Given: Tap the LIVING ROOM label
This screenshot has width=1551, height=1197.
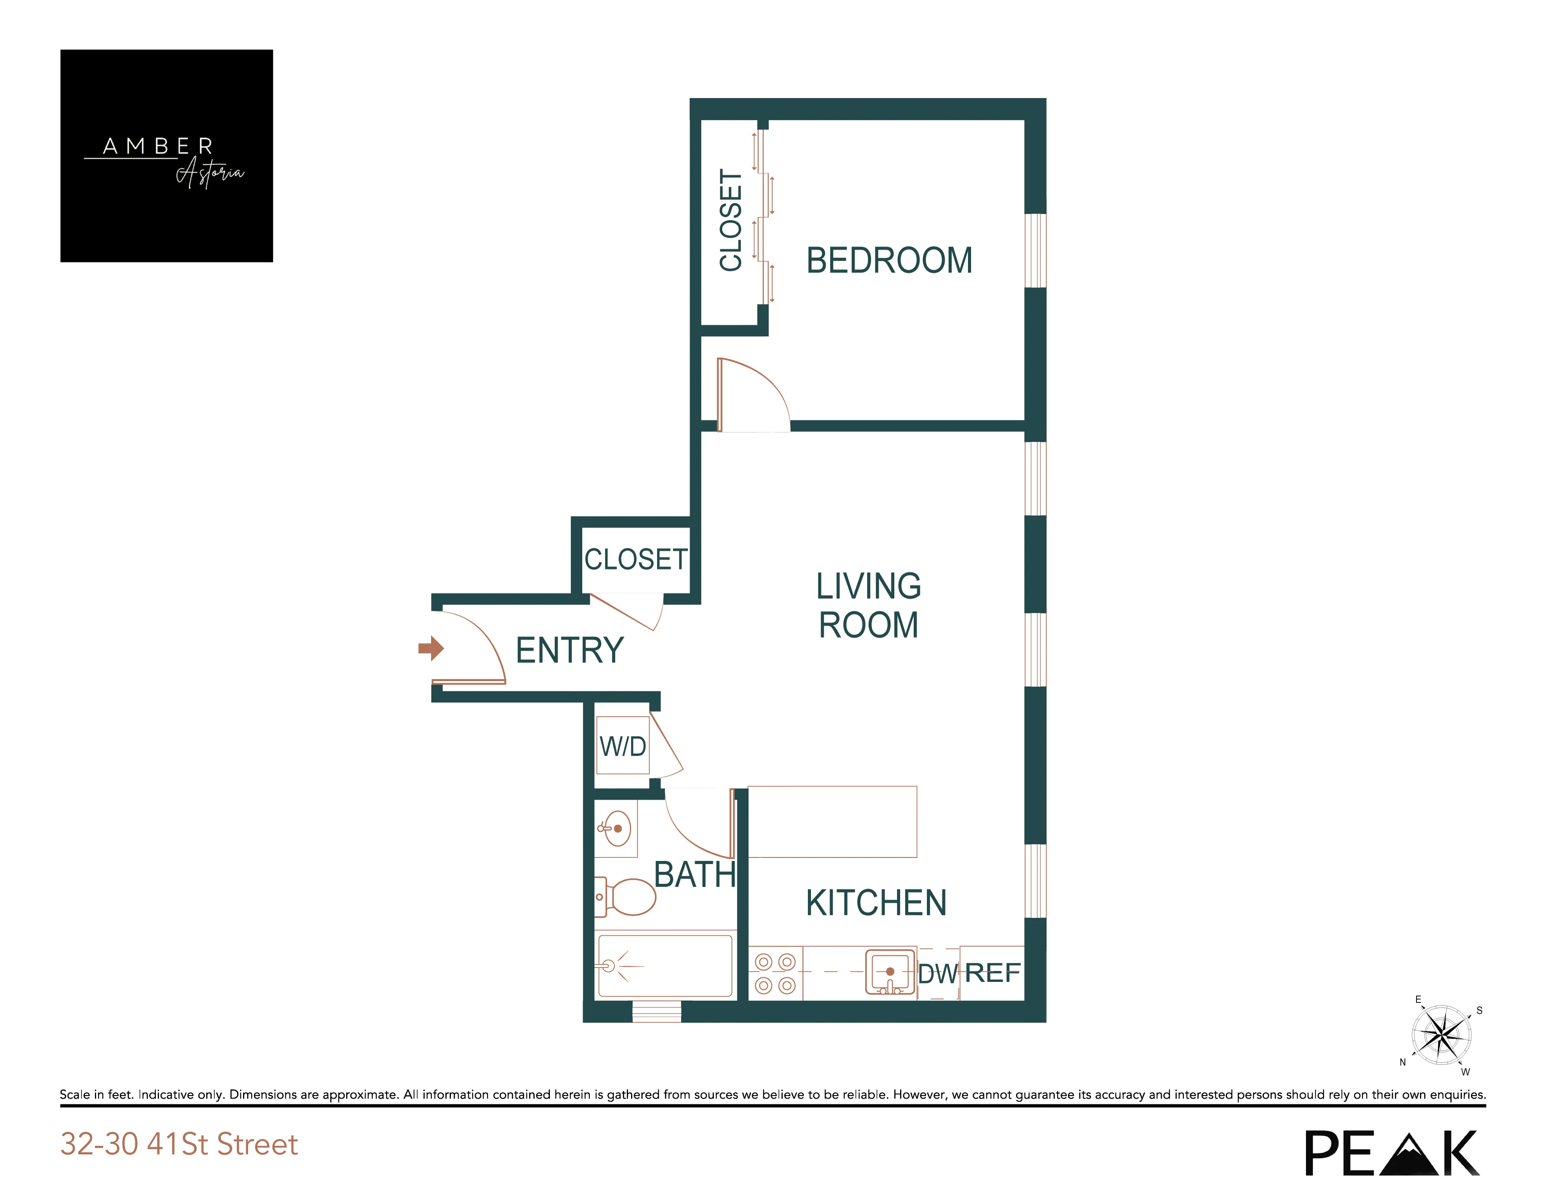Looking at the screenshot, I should (868, 606).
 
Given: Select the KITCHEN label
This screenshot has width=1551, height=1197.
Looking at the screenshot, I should (876, 903).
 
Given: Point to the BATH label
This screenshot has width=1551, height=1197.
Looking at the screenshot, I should (695, 875).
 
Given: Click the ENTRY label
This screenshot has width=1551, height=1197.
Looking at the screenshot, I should (569, 650).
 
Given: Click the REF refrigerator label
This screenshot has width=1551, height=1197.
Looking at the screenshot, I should (992, 973).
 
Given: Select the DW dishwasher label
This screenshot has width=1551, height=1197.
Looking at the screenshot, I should (937, 974).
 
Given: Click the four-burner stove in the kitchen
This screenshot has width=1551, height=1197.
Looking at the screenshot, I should (775, 973).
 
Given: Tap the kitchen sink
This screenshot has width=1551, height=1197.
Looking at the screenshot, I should (890, 971).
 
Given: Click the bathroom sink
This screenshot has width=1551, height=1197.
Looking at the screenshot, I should (616, 828).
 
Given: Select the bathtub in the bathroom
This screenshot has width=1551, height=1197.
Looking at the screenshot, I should (665, 966).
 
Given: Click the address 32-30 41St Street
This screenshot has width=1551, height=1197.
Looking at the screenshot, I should (179, 1144).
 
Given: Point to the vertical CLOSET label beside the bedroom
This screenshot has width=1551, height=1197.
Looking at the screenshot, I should (731, 220).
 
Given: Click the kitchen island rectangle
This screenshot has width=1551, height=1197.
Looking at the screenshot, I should (832, 822).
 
